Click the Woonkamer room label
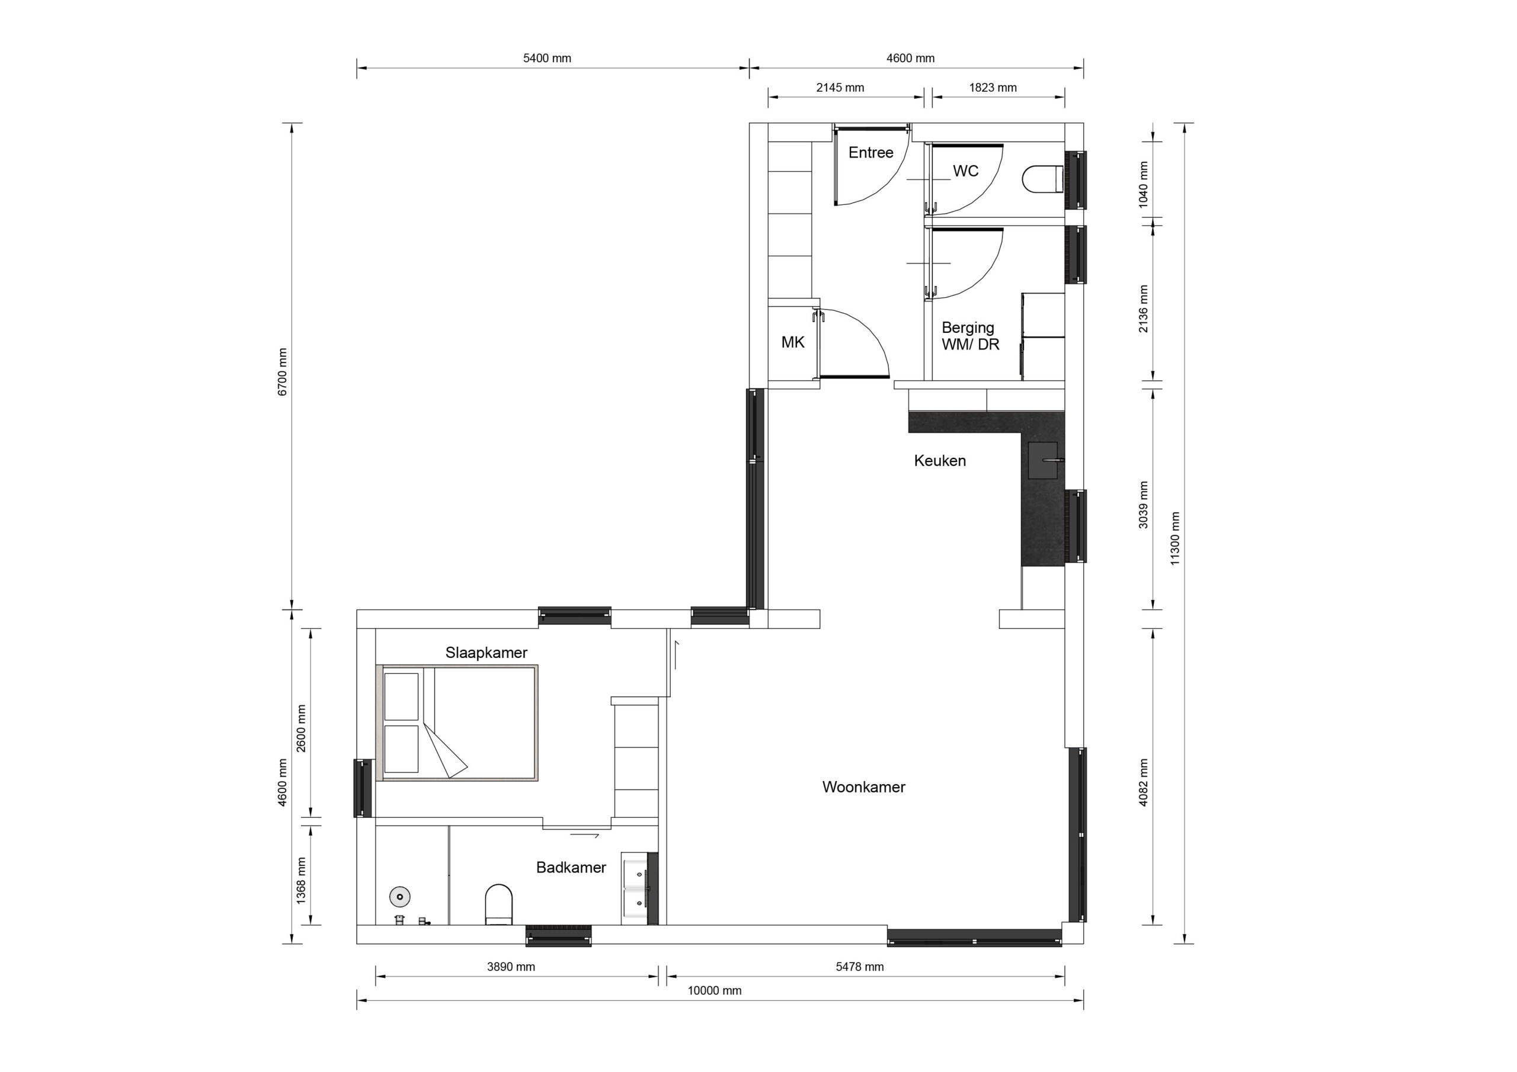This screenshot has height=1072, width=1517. click(x=863, y=787)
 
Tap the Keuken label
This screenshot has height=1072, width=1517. click(x=940, y=461)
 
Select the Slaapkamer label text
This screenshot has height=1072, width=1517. click(x=487, y=653)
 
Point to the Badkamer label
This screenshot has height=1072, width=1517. click(x=571, y=868)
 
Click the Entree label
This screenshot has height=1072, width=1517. click(x=871, y=153)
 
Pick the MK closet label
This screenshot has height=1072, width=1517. click(x=793, y=342)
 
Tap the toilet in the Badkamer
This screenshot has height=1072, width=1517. click(x=499, y=905)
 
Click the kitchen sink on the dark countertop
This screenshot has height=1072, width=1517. click(x=1046, y=460)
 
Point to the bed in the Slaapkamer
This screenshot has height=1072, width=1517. click(x=456, y=723)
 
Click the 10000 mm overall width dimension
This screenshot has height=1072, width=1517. click(x=714, y=991)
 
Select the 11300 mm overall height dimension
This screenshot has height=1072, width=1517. click(x=1174, y=538)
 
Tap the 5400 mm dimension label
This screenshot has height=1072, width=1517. click(x=547, y=58)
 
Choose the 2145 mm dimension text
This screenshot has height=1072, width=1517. click(x=840, y=87)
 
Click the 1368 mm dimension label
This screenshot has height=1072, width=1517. click(x=301, y=881)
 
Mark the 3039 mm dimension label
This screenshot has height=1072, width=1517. click(x=1143, y=505)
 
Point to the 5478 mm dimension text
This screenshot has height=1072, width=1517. click(x=860, y=967)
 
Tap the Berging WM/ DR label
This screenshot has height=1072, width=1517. click(x=970, y=336)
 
